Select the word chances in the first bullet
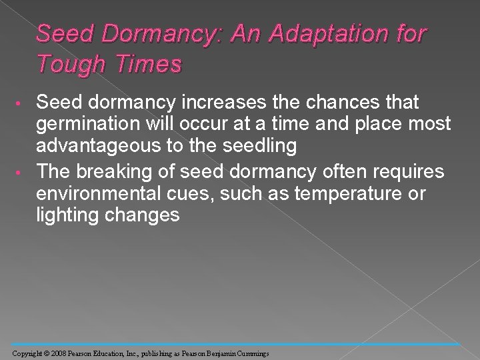337,103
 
